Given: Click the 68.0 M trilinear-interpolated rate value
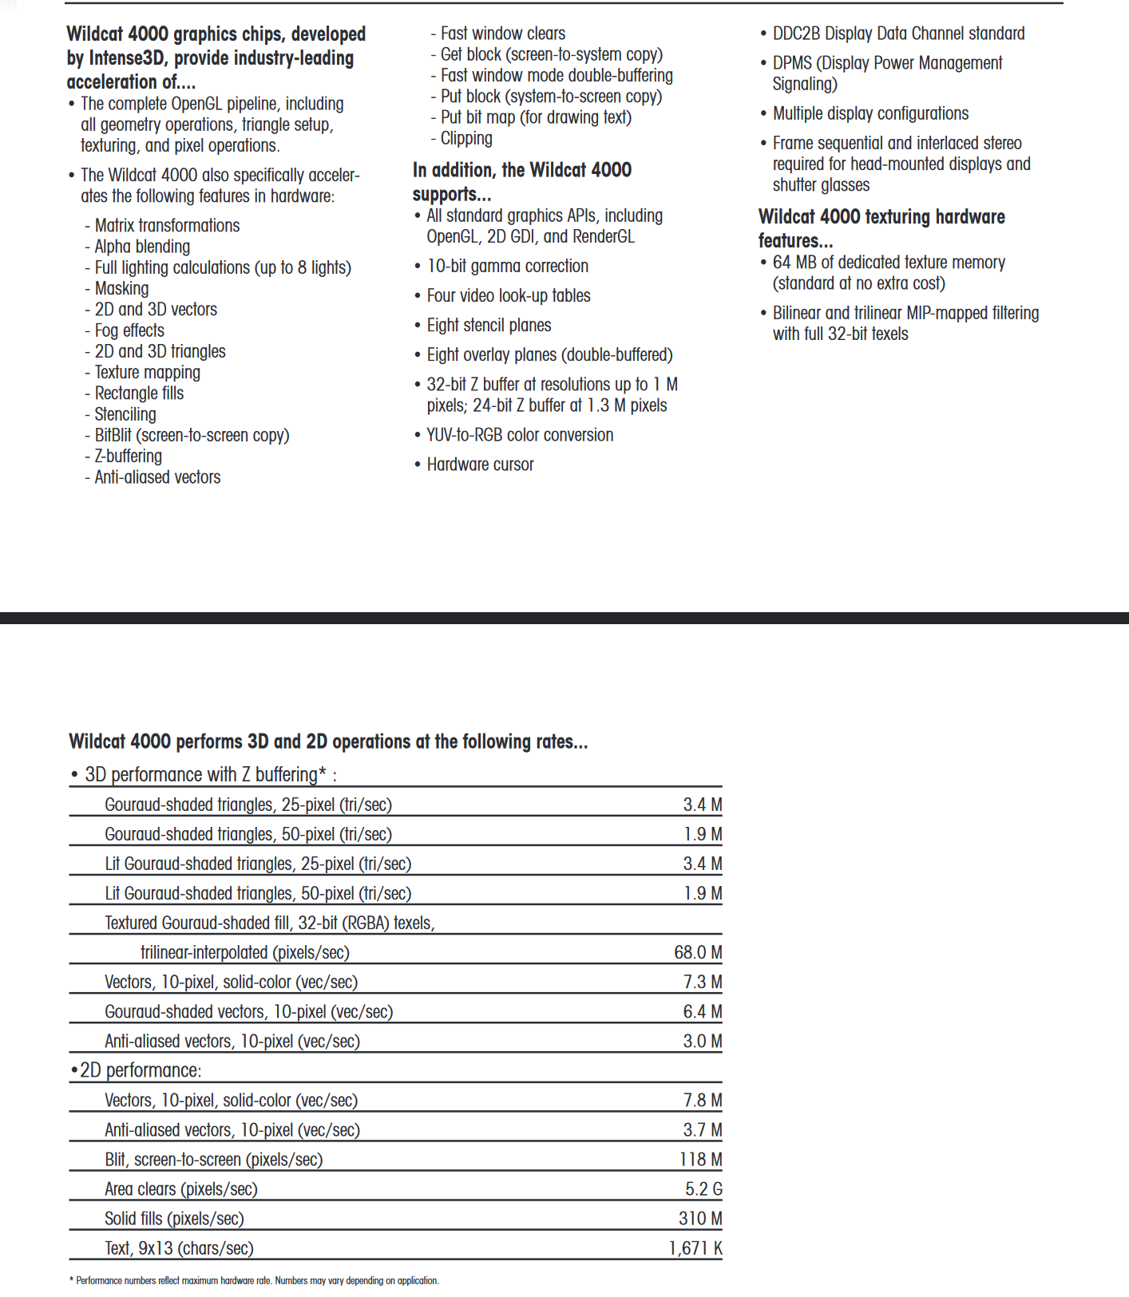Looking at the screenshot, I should click(x=698, y=952).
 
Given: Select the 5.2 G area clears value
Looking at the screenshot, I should click(x=703, y=1189).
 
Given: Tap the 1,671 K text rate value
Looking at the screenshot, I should click(x=695, y=1248).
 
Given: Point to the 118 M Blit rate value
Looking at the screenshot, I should click(x=701, y=1160).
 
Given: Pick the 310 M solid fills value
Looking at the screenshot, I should click(x=700, y=1219).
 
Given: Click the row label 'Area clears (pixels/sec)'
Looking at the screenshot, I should click(x=181, y=1189).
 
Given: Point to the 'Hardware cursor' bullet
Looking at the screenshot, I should click(x=480, y=465).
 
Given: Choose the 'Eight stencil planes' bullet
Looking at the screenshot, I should click(x=489, y=326).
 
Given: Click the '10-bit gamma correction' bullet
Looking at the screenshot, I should click(x=507, y=267).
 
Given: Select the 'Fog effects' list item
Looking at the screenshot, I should click(x=129, y=330).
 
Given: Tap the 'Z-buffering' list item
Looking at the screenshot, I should click(x=128, y=457).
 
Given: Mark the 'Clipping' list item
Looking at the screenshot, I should click(x=466, y=138).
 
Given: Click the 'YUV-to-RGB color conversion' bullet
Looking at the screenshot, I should click(x=520, y=435).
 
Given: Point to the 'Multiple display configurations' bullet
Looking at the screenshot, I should click(x=870, y=113).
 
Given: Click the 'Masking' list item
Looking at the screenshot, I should click(x=121, y=289).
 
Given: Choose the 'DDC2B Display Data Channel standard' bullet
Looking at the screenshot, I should click(x=898, y=34).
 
